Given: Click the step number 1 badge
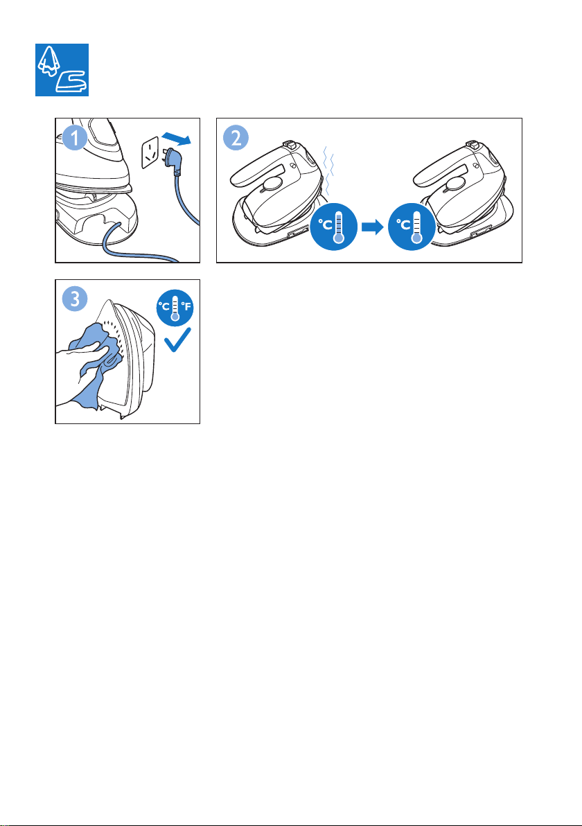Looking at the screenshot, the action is coord(75,139).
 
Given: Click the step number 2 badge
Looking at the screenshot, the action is coord(236,139).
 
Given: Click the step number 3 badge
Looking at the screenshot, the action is coord(75,299).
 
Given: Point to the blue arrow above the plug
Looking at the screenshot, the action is coord(175,139).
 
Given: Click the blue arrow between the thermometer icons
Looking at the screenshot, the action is coord(373,227).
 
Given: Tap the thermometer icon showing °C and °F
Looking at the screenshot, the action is coord(175,308).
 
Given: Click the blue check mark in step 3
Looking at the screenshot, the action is coord(177,340).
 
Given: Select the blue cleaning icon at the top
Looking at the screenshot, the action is coord(62,70).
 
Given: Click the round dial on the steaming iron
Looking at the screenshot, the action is coord(272,184).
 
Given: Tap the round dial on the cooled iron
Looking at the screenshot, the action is coord(455,184).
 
